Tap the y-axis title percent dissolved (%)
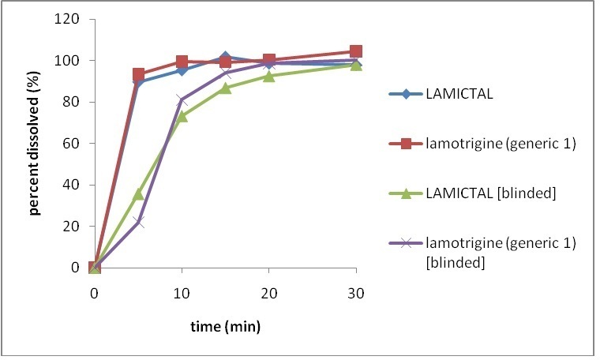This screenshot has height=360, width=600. pyautogui.click(x=36, y=144)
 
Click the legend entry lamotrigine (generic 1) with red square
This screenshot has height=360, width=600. pyautogui.click(x=489, y=144)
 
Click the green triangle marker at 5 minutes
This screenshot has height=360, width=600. pyautogui.click(x=138, y=193)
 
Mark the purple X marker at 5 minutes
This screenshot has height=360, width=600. pyautogui.click(x=138, y=222)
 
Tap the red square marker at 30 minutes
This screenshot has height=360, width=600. pyautogui.click(x=356, y=51)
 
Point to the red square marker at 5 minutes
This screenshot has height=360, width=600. pyautogui.click(x=138, y=74)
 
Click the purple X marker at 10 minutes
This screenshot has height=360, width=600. pyautogui.click(x=182, y=100)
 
